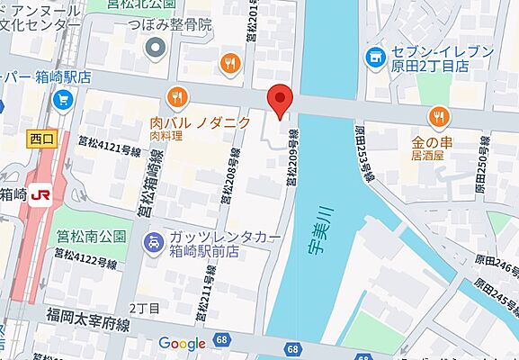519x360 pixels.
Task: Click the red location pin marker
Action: pos(282,100)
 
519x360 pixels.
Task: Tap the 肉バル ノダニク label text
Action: pos(200,122)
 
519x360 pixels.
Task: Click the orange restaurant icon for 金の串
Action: pos(439,116)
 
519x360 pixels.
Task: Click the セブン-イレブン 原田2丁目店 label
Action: pos(432,58)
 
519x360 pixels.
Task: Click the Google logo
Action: pos(183,343)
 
